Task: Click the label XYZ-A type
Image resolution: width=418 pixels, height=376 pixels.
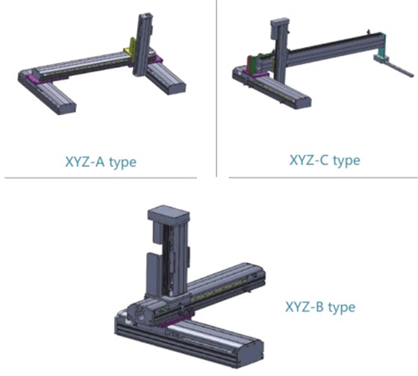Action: (101, 162)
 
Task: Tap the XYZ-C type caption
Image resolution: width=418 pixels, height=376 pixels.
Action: (325, 160)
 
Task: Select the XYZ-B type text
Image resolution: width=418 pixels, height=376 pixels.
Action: (320, 307)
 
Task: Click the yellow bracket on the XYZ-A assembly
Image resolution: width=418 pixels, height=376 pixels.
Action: (131, 48)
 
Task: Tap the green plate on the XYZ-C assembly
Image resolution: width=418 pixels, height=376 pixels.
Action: (259, 62)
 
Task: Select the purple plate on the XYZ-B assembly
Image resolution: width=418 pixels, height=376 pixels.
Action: (175, 319)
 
